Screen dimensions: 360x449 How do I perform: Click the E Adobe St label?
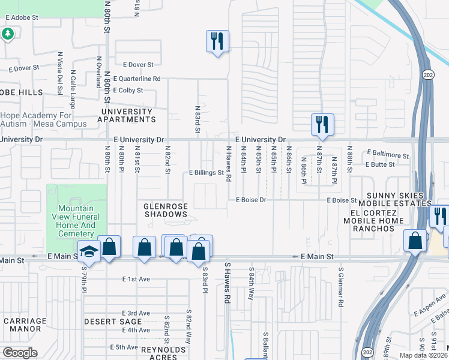[x=22, y=18]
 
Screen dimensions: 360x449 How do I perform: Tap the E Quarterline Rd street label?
[x=137, y=79]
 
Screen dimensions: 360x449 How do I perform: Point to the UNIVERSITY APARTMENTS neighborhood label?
[x=127, y=115]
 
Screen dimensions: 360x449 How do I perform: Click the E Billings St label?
[x=206, y=173]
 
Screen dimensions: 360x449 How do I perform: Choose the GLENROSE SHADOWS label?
[x=166, y=211]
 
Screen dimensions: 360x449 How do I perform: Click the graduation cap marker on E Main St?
[x=89, y=252]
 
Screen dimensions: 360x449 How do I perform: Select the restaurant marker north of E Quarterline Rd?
[x=217, y=41]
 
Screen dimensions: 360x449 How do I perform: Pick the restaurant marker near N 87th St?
[x=322, y=124]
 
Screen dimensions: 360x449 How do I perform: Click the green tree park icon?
[x=8, y=34]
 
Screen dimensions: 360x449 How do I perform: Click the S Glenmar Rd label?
[x=340, y=287]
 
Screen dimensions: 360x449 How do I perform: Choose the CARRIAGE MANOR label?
[x=25, y=325]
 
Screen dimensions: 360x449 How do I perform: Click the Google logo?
[x=20, y=352]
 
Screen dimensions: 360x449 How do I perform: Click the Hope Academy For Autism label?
[x=44, y=119]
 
